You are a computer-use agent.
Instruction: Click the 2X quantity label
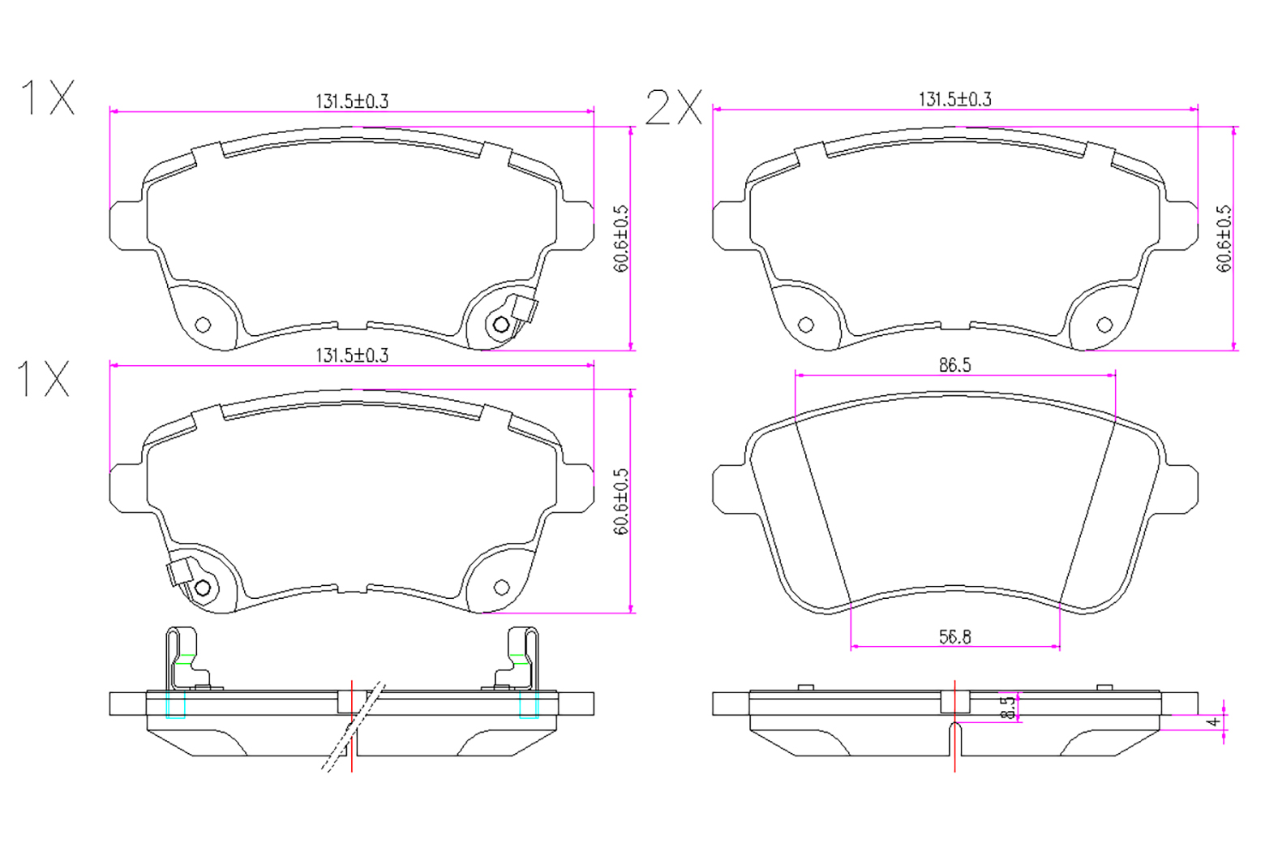(x=674, y=107)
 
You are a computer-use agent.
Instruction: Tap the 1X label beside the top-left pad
(x=47, y=97)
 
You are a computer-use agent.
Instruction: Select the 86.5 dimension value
(x=955, y=365)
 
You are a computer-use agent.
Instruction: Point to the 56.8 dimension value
(x=955, y=637)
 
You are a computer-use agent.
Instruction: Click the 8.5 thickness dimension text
(x=1007, y=707)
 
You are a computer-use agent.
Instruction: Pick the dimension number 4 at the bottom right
(x=1213, y=722)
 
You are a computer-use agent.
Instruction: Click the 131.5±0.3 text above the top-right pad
(x=955, y=100)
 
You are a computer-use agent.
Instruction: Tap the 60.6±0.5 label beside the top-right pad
(x=1223, y=238)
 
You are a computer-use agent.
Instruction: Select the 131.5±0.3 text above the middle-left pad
(x=352, y=355)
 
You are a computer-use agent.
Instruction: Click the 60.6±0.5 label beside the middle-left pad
(x=620, y=501)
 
